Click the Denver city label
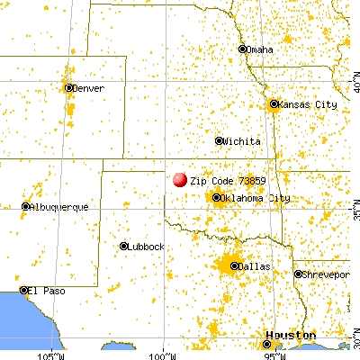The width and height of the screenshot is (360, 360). pos(88,88)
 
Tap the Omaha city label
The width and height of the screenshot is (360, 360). pos(259,49)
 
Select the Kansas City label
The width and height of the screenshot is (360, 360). pos(307,104)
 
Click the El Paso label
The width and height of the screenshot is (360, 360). pos(43,291)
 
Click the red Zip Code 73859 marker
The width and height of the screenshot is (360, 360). pos(180,180)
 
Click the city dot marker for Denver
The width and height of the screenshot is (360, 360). pos(69,88)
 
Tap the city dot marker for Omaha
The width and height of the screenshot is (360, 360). pos(242,49)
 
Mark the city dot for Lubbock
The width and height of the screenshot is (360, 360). pos(123,247)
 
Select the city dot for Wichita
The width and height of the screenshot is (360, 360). pos(220,141)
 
